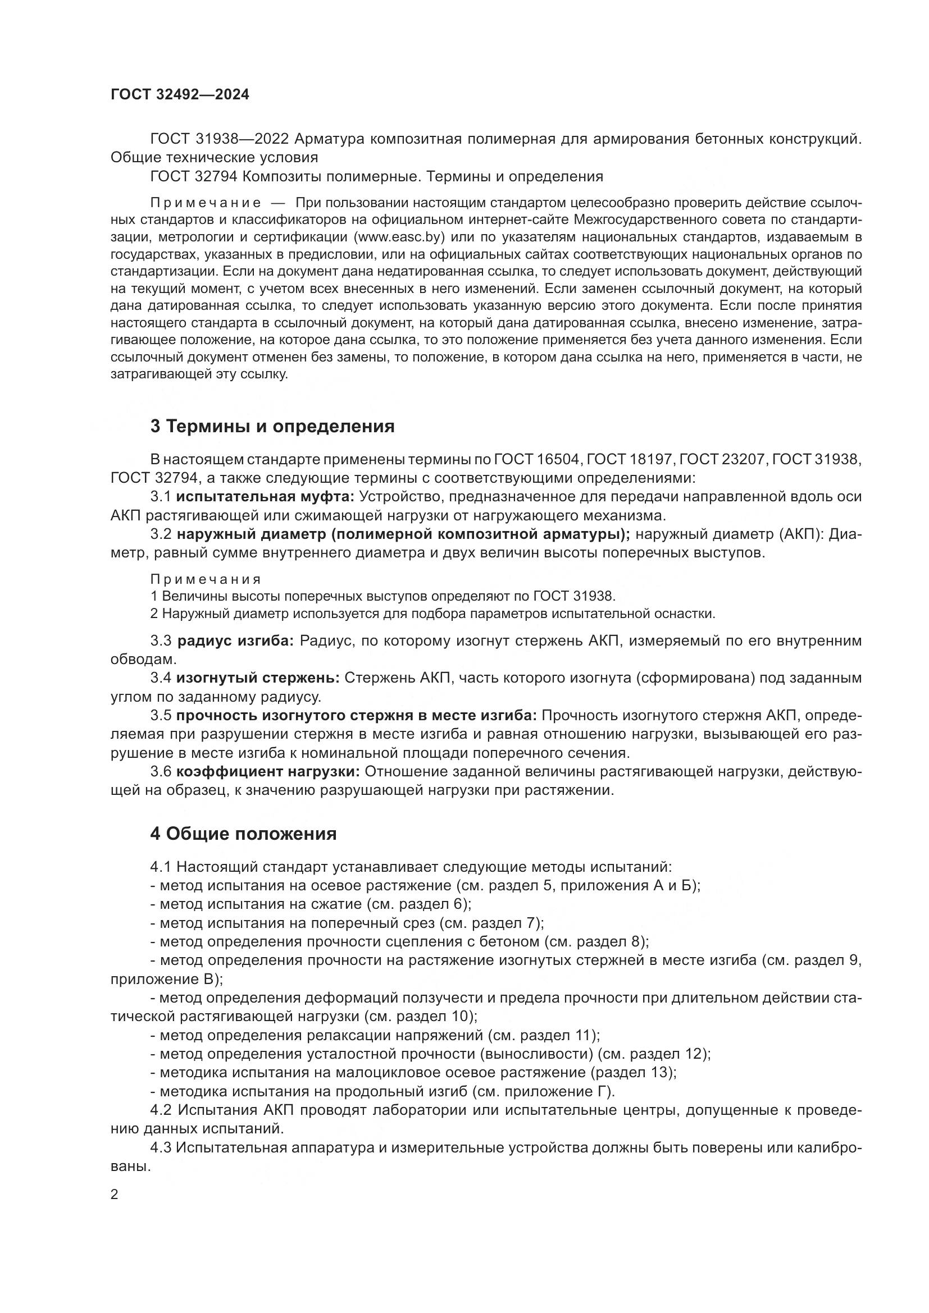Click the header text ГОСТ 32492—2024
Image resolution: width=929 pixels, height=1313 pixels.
click(x=180, y=95)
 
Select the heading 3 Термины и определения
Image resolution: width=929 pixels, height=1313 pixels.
click(x=272, y=426)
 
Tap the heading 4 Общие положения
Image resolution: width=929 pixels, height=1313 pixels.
click(x=243, y=834)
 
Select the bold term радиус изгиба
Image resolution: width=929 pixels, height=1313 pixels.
click(x=235, y=641)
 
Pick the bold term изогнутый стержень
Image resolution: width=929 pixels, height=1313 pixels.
click(x=258, y=678)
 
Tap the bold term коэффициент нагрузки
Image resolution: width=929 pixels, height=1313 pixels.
click(x=268, y=772)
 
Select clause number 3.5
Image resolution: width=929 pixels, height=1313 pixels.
click(x=161, y=716)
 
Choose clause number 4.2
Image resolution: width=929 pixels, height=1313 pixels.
click(x=161, y=1110)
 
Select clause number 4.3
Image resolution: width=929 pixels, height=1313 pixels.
click(x=161, y=1147)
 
